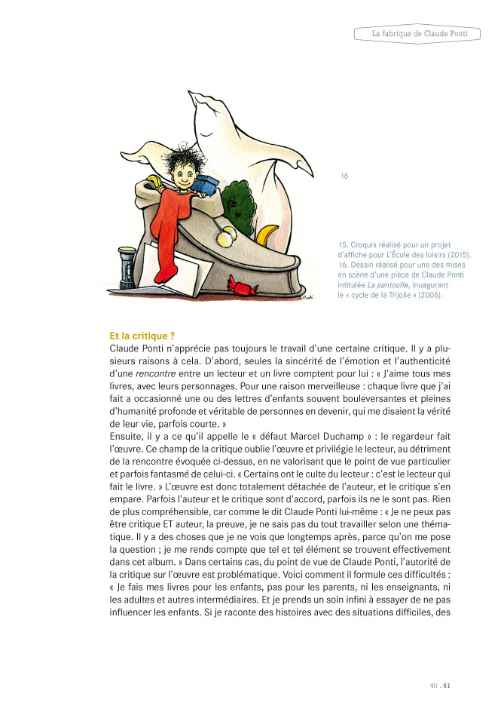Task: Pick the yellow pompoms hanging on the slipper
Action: [226, 238]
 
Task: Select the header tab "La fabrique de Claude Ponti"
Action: [416, 34]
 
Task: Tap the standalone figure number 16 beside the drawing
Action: [344, 176]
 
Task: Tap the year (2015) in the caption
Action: [459, 256]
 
